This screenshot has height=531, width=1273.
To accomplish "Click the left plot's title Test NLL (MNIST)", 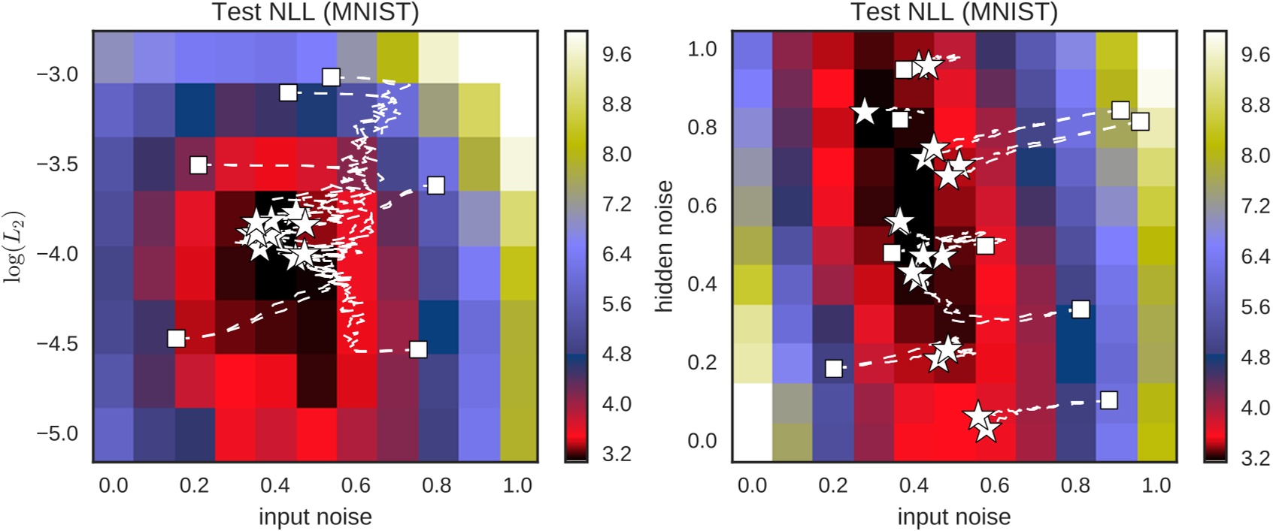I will point(315,12).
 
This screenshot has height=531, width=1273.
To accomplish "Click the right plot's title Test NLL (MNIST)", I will point(953,12).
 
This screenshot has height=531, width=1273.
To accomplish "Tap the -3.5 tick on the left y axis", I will point(57,164).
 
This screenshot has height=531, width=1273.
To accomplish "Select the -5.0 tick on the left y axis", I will point(57,433).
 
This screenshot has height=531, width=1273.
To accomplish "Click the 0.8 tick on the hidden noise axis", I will point(702,127).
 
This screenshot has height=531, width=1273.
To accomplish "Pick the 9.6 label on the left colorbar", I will point(617,55).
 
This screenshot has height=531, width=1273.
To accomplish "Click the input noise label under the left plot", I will point(315,517).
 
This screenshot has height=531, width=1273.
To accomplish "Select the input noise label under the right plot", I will point(953,517).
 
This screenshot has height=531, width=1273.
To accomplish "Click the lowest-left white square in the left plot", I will point(176,339).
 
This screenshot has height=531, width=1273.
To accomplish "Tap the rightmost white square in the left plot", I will point(435,185).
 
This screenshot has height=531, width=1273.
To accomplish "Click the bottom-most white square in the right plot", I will point(1108,400).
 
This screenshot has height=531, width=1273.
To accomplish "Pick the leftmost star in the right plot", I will point(865,112).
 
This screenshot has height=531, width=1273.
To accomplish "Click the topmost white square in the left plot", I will point(331,77).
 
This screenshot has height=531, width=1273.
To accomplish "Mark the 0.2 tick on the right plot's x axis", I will point(833,485).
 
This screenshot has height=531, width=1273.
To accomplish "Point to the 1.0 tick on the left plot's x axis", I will point(517,485).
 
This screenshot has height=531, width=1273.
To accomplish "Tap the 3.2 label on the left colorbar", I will point(617,454).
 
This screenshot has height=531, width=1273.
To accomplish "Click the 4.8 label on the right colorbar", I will point(1255,358).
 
